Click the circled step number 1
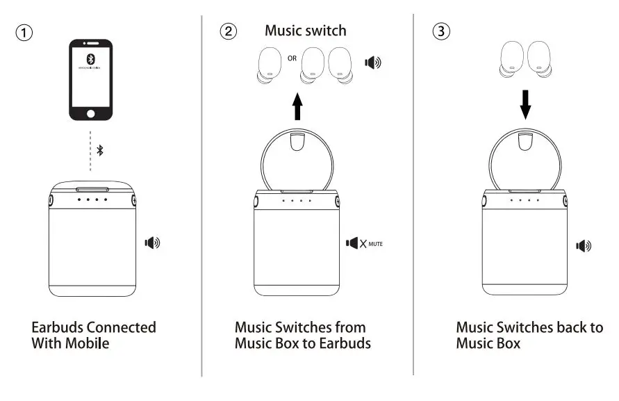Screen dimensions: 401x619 tap(25, 33)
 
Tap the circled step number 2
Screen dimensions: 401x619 tap(228, 31)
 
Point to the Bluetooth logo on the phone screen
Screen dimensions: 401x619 tap(90, 60)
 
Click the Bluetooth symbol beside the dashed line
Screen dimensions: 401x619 tap(100, 150)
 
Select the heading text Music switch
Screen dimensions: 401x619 tap(305, 31)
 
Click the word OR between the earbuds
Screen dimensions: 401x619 tap(292, 58)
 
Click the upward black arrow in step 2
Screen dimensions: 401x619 tap(298, 108)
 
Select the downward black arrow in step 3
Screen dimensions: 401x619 tap(525, 102)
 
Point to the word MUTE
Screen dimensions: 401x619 tap(376, 245)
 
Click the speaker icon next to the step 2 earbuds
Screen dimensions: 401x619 tap(373, 63)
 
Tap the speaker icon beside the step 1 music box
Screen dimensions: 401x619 tap(152, 243)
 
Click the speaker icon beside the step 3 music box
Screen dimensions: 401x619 tap(584, 245)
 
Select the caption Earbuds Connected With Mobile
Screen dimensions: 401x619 tap(94, 334)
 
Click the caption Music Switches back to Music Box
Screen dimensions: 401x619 tap(529, 334)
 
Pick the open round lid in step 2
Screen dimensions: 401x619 tap(298, 161)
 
